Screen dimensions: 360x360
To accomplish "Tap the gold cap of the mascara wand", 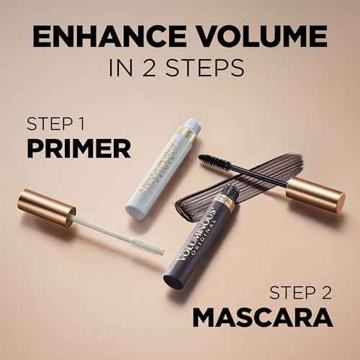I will coord(315,193).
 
